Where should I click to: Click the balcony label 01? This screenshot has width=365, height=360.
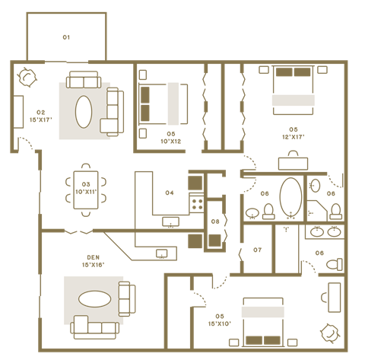pos(66,37)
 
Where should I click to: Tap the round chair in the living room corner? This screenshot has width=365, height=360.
pos(28,77)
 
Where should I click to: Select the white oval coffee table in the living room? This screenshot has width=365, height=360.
pos(85,113)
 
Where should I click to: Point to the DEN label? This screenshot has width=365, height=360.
pos(93,258)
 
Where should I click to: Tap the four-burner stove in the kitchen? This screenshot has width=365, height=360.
pos(196,203)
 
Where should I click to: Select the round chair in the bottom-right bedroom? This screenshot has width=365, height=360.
pos(330,332)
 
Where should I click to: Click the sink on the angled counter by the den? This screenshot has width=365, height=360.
pos(161,253)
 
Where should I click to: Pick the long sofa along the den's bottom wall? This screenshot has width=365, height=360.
pos(96,330)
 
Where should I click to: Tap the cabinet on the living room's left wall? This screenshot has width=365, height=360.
pos(19,111)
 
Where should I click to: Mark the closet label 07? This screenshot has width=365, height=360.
pos(257,250)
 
